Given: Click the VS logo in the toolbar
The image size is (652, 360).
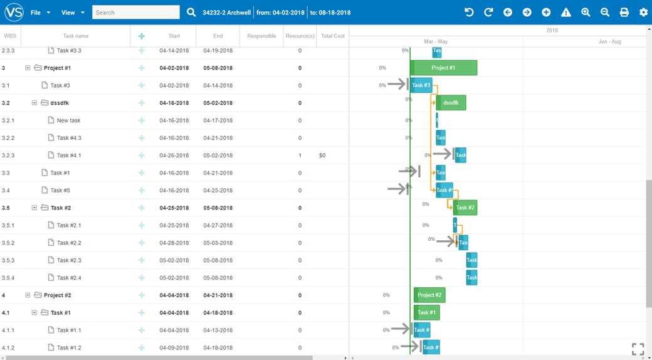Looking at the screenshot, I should tap(14, 12).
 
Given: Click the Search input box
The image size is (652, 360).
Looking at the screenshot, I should tap(135, 13).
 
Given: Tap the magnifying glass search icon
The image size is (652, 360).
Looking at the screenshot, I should tap(191, 13).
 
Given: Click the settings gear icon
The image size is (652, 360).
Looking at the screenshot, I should tap(643, 13).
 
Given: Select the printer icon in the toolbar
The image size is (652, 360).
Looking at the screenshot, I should tap(624, 13).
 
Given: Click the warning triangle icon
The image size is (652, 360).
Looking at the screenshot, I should tap(566, 13).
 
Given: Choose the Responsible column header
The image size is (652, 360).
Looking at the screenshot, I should tap(261, 36).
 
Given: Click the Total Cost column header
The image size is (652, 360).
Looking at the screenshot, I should tap(333, 36).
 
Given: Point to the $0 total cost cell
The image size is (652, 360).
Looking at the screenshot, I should tap(322, 156).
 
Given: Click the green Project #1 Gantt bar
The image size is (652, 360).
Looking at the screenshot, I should tap(443, 68).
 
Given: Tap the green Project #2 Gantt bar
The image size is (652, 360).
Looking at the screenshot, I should tap(429, 295).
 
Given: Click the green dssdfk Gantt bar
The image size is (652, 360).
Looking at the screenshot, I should tap(451, 103).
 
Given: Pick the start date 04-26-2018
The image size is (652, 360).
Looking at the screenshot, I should tap(174, 156).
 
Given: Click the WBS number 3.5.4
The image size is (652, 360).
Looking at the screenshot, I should tap(8, 278).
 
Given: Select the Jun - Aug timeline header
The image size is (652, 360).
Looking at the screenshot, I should tap(609, 41).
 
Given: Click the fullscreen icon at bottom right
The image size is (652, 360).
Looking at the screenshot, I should tap(638, 349).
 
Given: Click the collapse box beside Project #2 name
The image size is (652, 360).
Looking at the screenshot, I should tap(28, 295).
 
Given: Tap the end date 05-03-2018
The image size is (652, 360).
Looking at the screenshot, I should tap(218, 243).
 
